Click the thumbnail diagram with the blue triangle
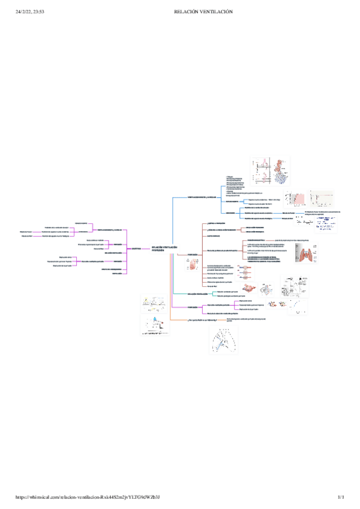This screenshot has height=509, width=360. point(155,325)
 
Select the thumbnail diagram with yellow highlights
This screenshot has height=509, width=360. point(155,303)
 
